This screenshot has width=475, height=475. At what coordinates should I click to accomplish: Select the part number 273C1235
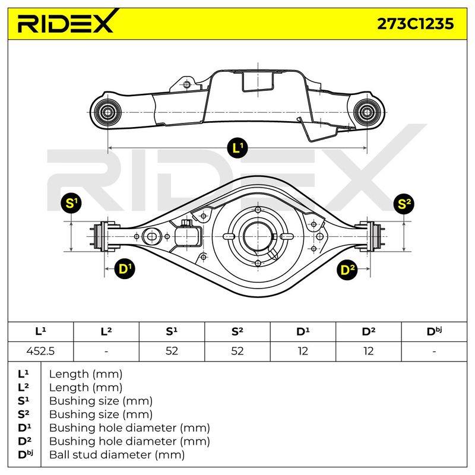415,24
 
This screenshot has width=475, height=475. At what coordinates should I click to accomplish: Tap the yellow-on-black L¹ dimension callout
237,148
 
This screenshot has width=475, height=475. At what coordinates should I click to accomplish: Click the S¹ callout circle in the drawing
71,203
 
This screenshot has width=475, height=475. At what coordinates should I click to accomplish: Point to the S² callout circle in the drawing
404,204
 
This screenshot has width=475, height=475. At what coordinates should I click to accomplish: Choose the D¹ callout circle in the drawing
125,269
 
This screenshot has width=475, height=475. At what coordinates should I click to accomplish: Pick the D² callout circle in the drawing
347,270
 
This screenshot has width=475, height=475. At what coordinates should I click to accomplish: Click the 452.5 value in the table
40,351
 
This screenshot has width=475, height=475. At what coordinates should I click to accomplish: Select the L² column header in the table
106,331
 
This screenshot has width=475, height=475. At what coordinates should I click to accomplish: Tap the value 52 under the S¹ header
172,351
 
